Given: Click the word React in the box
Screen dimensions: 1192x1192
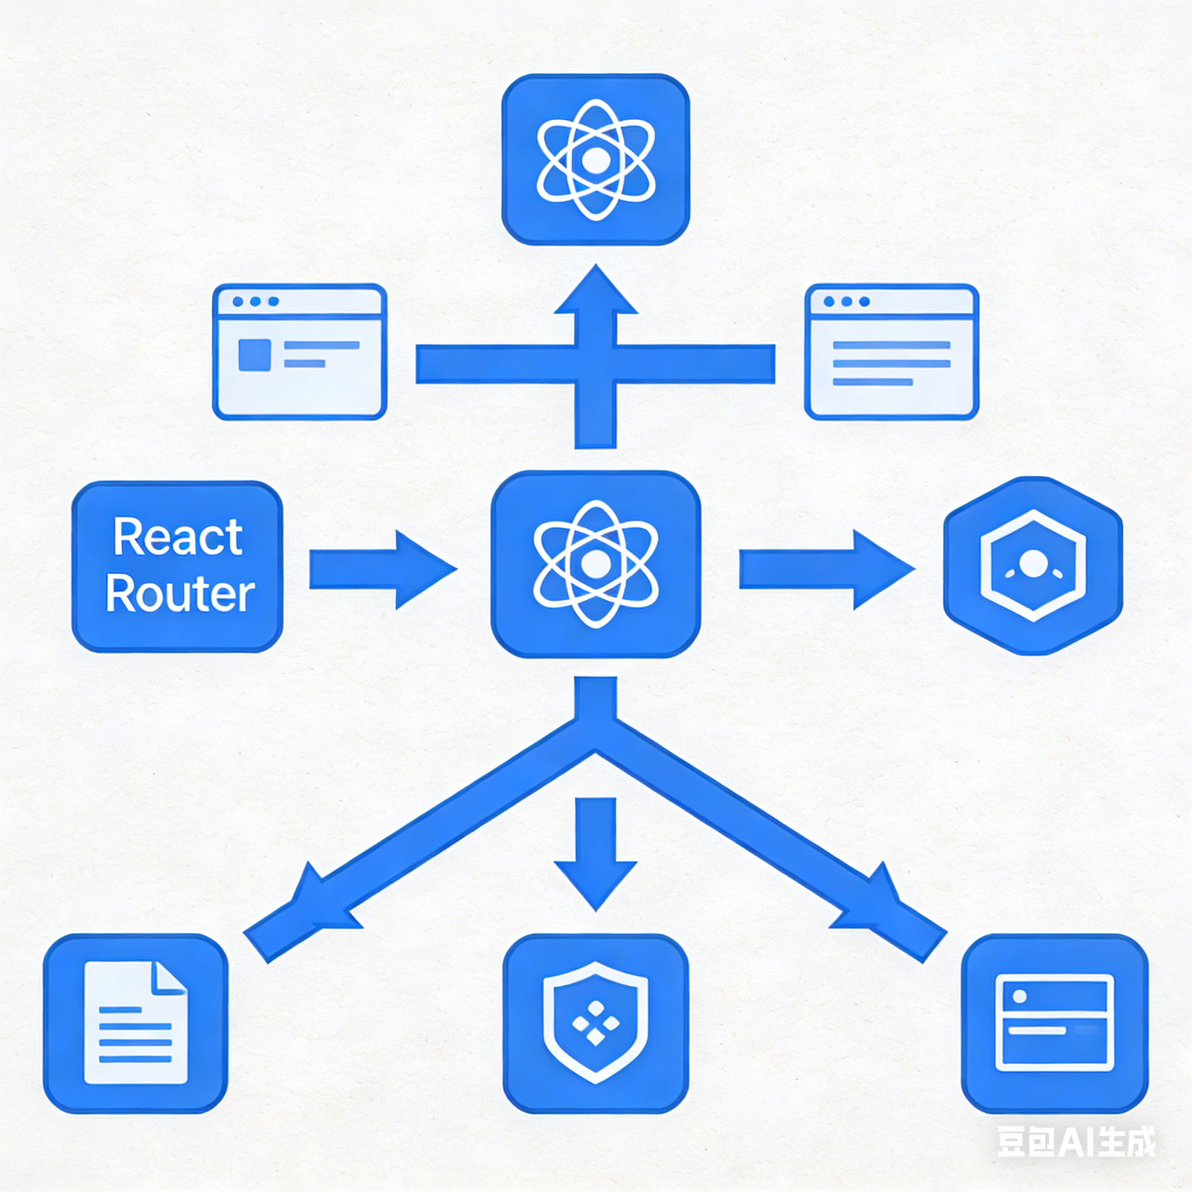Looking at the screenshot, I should (x=178, y=537).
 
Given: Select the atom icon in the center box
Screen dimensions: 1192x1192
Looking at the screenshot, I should (x=595, y=563).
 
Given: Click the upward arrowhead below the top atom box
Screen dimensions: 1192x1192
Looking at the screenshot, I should (x=595, y=293).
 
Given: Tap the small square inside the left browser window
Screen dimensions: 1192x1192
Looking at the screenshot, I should (x=254, y=355).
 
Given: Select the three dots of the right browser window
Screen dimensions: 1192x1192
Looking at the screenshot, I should (x=846, y=301).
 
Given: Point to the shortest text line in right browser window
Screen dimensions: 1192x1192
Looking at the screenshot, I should (x=872, y=382).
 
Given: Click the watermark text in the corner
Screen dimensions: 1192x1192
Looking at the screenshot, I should (x=1076, y=1142).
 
